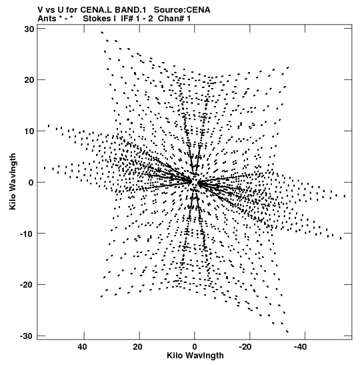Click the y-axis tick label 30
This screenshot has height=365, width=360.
point(29,29)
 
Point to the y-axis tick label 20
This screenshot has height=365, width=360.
point(29,80)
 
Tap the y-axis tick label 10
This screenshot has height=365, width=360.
point(29,131)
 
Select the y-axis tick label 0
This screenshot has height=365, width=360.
point(31,183)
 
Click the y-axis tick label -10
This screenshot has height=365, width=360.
point(27,234)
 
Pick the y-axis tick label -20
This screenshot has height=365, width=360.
point(27,285)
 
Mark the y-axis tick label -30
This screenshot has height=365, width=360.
point(27,336)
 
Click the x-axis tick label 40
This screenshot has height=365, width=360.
point(82,347)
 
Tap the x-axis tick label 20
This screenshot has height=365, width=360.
point(138,347)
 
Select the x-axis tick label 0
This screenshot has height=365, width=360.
point(195,347)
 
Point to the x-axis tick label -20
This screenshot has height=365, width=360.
point(245,347)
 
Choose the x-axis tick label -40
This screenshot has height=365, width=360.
point(301,347)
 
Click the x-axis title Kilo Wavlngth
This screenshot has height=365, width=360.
point(195,356)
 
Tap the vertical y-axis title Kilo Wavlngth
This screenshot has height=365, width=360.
point(13,181)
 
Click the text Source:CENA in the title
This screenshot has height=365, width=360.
point(182,10)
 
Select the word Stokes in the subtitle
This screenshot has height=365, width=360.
point(97,19)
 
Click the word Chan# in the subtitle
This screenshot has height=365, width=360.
point(171,19)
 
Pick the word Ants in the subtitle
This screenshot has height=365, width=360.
point(47,19)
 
